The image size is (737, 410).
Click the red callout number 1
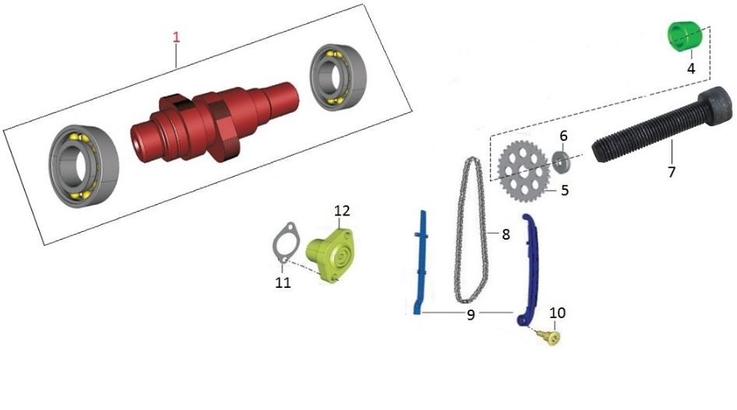tap(176, 37)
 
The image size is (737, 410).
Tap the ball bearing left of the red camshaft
tap(84, 166)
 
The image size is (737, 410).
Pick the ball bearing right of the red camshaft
tap(338, 79)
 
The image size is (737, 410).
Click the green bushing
tap(684, 37)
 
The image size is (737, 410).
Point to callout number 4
tap(691, 68)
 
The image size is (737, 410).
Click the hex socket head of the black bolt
tap(716, 106)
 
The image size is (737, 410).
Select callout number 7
tap(672, 172)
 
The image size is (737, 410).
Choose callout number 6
tap(563, 136)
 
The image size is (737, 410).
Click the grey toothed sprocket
tap(524, 172)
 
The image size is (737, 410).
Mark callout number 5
tap(565, 190)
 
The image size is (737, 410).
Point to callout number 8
tap(506, 234)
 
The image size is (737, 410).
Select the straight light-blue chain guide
tap(419, 263)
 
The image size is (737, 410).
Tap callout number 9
tap(471, 315)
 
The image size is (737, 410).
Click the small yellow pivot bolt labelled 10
tap(551, 338)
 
